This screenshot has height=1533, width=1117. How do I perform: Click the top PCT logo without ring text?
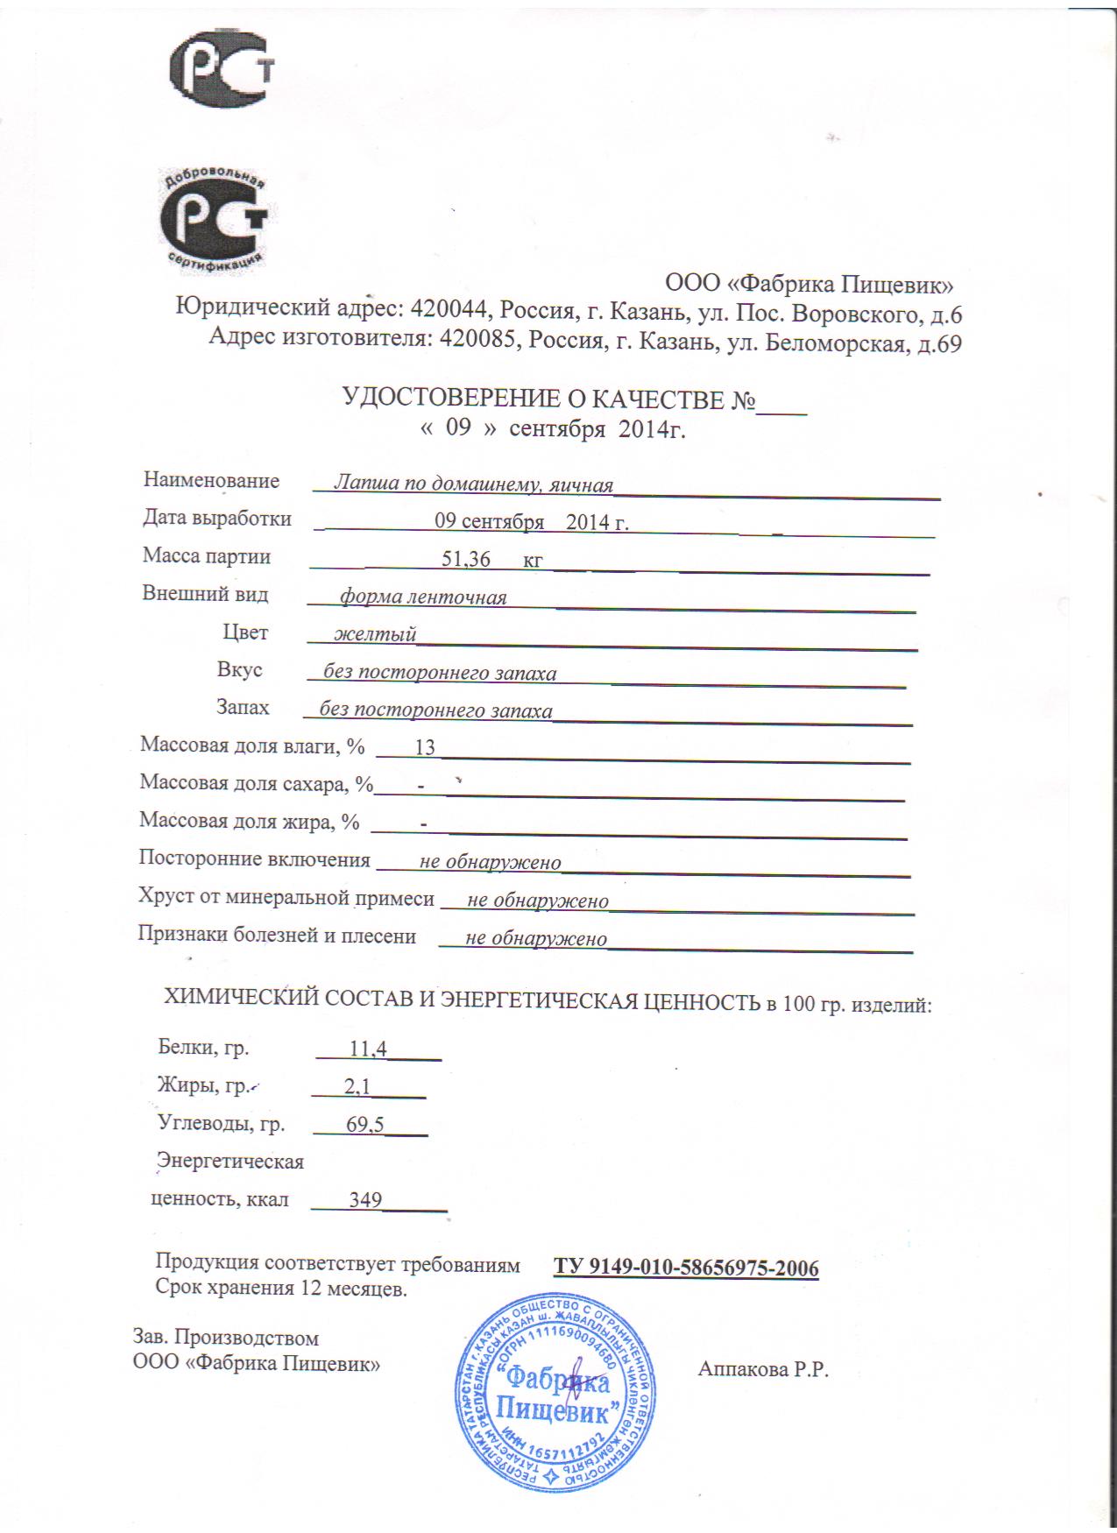coord(222,72)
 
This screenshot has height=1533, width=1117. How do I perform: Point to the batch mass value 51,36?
coord(466,558)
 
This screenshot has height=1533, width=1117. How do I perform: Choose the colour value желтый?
coord(376,633)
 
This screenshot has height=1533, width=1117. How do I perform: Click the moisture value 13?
coord(425,747)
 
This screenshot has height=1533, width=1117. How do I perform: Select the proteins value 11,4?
coord(368,1048)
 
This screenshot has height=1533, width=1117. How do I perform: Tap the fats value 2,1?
coord(357,1087)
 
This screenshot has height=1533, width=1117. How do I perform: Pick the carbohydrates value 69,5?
coord(365,1126)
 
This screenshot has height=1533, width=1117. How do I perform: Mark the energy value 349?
coord(365,1199)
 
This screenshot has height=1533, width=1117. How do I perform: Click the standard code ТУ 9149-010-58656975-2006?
coord(686,1268)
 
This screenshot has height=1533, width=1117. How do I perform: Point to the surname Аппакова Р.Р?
coord(763,1370)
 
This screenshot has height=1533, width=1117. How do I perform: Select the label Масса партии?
coord(207,556)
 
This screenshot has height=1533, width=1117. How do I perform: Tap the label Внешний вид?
coord(206,594)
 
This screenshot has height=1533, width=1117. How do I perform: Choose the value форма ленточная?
coord(423,597)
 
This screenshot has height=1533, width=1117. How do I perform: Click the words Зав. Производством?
coord(226,1338)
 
